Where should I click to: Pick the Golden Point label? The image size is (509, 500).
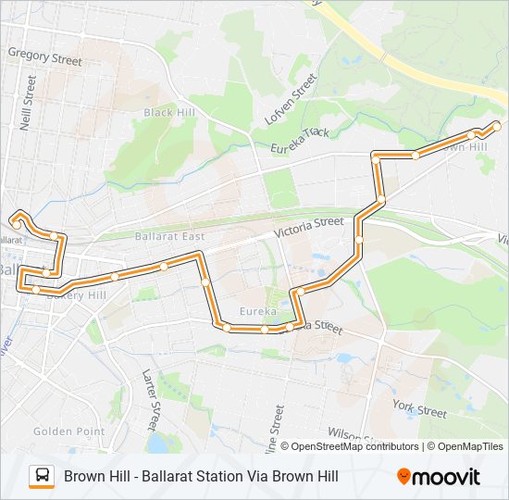63,431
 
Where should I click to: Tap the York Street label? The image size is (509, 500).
419,407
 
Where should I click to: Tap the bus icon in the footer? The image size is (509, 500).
42,476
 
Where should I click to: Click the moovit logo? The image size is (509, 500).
439,477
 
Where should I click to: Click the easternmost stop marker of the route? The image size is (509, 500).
496,125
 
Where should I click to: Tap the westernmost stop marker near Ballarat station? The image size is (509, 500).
17,219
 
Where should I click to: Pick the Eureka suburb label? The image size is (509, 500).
256,311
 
